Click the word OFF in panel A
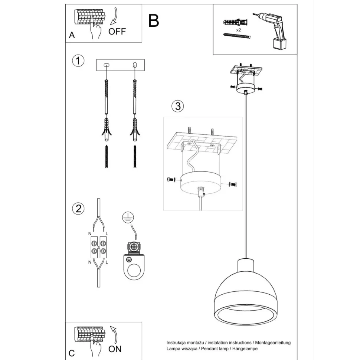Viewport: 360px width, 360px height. [x=117, y=32]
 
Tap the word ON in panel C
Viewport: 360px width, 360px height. [x=115, y=349]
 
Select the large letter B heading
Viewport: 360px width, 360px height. [x=154, y=21]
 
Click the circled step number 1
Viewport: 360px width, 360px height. [x=78, y=61]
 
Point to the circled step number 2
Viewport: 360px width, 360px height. [x=78, y=209]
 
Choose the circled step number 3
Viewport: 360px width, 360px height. [x=178, y=106]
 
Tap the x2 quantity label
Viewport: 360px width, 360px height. [x=239, y=30]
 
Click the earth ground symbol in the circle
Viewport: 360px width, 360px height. [x=128, y=217]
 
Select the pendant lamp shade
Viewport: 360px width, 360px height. [x=246, y=292]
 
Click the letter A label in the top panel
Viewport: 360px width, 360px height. [x=72, y=35]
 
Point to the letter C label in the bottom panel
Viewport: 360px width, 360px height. [x=72, y=353]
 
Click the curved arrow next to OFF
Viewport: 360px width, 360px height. [x=114, y=16]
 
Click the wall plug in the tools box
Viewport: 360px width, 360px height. [x=235, y=23]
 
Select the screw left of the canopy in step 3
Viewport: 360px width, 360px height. [x=171, y=179]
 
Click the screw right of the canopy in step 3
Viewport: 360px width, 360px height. [x=233, y=184]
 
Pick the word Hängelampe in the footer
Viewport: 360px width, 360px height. [x=245, y=349]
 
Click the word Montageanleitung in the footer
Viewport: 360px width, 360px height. [x=273, y=343]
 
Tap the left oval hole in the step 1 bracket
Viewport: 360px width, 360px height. [x=107, y=65]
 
